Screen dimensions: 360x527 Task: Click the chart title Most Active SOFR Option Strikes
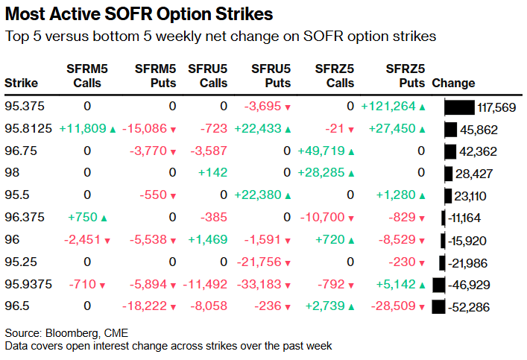click(x=139, y=14)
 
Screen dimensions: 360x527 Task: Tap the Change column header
click(x=453, y=83)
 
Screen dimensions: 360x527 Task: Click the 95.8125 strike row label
click(x=28, y=129)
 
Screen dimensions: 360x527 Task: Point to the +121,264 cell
click(x=388, y=107)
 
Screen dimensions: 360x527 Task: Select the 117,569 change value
click(x=497, y=107)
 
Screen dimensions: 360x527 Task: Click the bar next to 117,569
click(x=459, y=107)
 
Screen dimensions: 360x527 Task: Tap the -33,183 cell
click(x=264, y=285)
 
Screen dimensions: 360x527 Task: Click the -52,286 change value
click(x=469, y=307)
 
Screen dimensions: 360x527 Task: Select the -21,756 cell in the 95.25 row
click(x=264, y=262)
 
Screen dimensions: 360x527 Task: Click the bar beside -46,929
click(x=438, y=285)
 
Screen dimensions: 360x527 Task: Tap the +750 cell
click(x=83, y=218)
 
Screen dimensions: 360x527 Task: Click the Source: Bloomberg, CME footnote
click(x=61, y=332)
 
